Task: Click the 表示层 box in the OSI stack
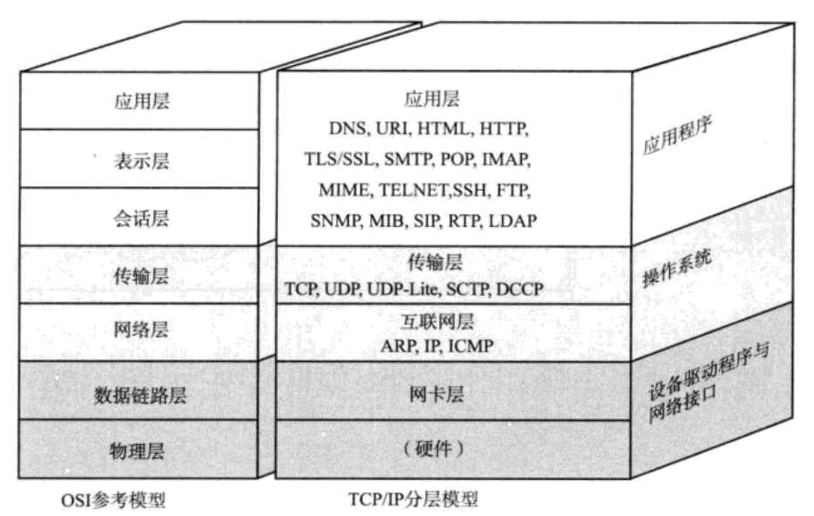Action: point(142,161)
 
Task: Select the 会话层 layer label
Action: point(142,218)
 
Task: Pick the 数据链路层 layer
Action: point(141,395)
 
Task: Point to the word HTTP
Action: point(503,128)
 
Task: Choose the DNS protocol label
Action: point(347,128)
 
